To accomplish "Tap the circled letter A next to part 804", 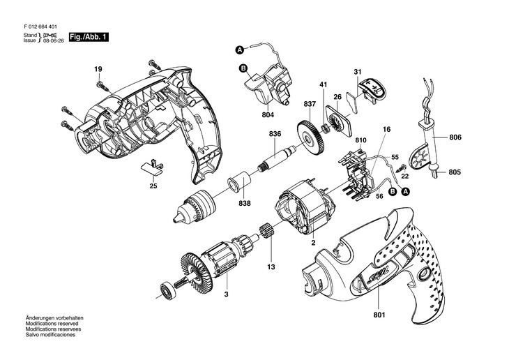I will pyautogui.click(x=239, y=50).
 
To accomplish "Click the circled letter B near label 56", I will pyautogui.click(x=392, y=191).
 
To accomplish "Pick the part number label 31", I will pyautogui.click(x=358, y=73).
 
